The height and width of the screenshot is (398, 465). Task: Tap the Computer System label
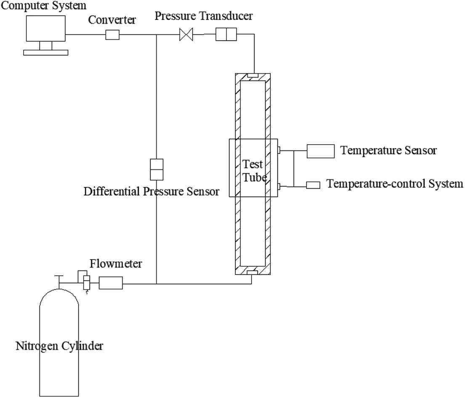coord(43,5)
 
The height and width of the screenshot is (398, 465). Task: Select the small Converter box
coord(112,35)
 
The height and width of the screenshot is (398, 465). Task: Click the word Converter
coord(112,20)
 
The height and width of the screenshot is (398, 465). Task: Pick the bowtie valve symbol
coord(186,34)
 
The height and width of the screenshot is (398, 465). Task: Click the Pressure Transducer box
coord(226,34)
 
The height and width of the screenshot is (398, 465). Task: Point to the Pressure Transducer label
coord(204,16)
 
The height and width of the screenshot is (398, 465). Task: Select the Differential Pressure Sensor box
coord(157,169)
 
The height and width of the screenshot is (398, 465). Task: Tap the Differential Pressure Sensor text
coord(151,192)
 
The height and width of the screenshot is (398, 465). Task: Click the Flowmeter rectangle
coord(111,283)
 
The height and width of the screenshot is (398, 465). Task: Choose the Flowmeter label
coord(116,264)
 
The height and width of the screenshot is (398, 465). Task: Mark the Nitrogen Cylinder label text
coord(59,346)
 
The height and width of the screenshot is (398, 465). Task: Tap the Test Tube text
coord(254,170)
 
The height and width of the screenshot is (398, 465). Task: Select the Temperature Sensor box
coord(320,151)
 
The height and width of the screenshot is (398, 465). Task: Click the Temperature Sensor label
coord(388,150)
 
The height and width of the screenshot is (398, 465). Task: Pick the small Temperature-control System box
coord(313,185)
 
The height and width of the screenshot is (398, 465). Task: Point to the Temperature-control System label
coord(395,184)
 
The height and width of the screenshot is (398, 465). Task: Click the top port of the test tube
coord(253,76)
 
